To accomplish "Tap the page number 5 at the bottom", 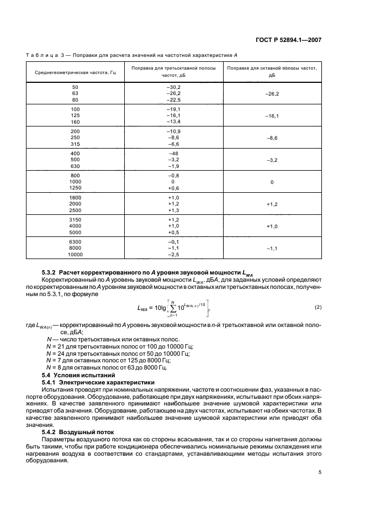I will tap(320, 472).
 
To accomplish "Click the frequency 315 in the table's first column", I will tap(75, 143).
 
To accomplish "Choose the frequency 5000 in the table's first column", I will tap(75, 232).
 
